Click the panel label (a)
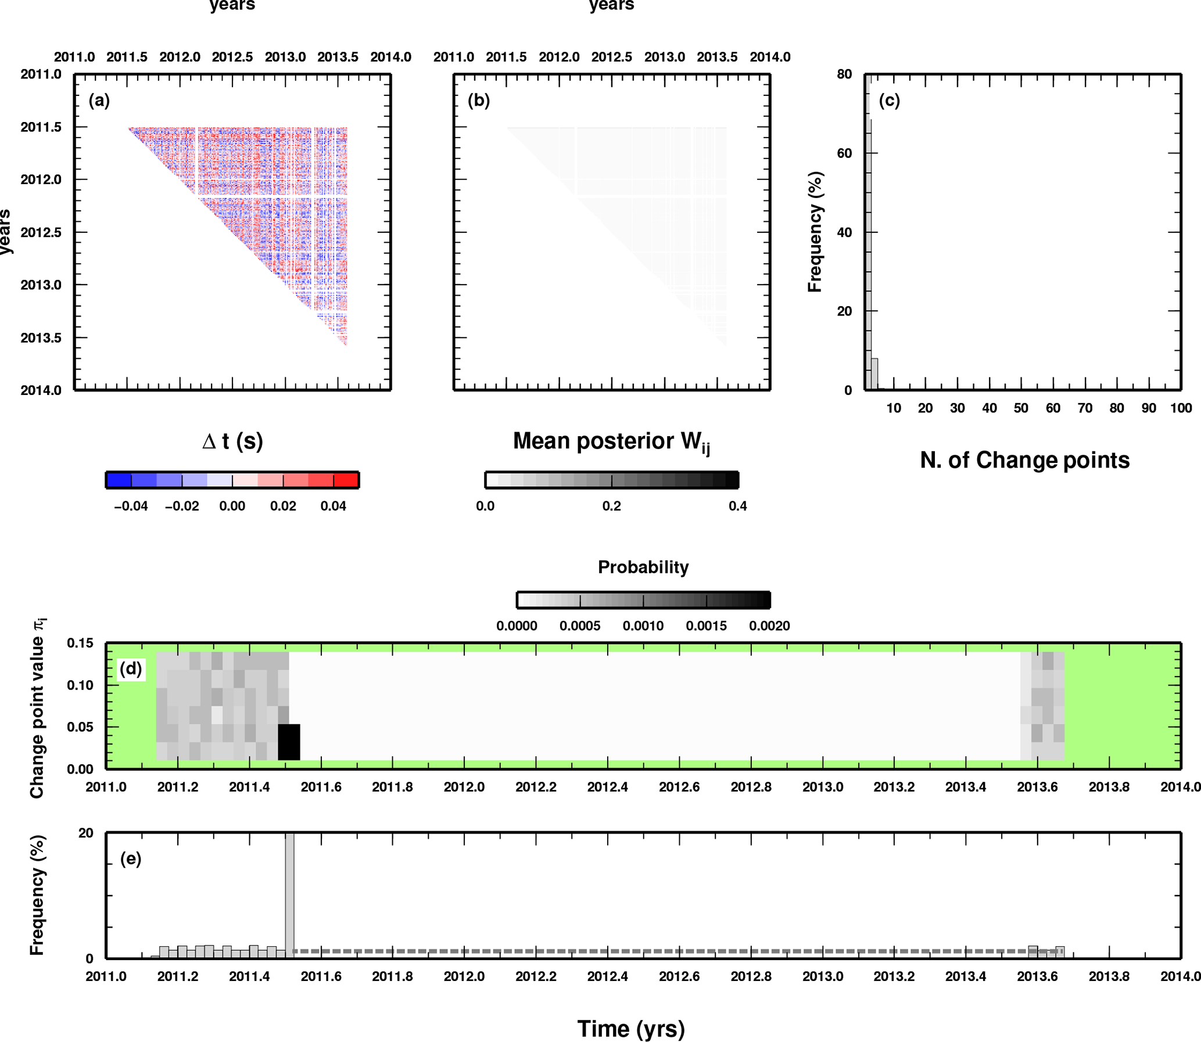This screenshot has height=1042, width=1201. [99, 100]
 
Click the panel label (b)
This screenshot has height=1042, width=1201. [479, 100]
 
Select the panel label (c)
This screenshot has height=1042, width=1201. [889, 100]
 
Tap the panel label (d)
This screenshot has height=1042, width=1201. [131, 669]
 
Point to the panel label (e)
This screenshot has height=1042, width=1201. [131, 859]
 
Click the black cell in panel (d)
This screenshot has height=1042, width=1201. [289, 742]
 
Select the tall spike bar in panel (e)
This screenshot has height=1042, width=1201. [289, 896]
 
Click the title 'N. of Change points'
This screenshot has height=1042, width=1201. [1025, 460]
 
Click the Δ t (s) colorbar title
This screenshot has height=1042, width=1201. [232, 441]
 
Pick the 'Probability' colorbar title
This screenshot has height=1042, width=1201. [643, 567]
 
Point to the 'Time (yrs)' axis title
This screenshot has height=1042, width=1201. [631, 1029]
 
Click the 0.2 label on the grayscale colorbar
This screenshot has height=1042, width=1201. [611, 506]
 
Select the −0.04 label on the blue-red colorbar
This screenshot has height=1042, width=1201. [131, 506]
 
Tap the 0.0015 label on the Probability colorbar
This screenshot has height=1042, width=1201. [706, 626]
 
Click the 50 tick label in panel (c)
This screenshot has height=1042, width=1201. [1021, 408]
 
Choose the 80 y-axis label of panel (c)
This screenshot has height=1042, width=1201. [844, 74]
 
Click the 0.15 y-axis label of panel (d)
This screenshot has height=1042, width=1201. [80, 643]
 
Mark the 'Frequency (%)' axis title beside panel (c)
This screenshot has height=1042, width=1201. [815, 232]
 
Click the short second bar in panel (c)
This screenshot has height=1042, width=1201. [874, 374]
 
